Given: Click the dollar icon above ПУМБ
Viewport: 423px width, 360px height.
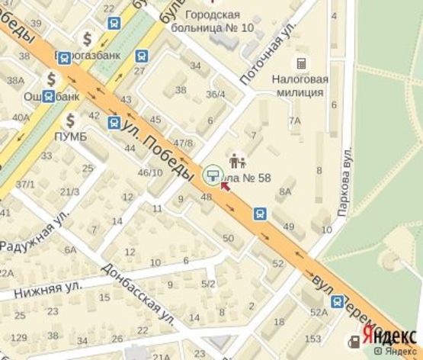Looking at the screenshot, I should [70, 120].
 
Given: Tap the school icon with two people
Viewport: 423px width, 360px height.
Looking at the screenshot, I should [236, 161].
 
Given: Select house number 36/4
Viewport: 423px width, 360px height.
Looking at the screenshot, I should [216, 95].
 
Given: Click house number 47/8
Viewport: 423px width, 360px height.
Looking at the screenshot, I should [183, 143].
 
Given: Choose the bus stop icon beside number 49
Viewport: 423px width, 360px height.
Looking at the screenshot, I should [261, 214].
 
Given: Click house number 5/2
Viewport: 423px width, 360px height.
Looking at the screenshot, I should [208, 284].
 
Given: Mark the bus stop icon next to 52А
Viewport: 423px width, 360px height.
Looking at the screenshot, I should [337, 302].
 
